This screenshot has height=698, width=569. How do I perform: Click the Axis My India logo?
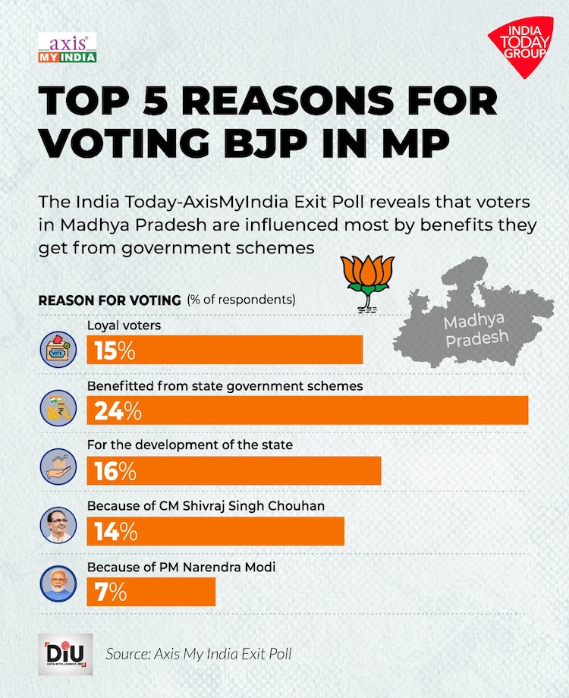click(x=67, y=48)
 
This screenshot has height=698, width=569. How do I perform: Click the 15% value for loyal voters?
click(x=115, y=351)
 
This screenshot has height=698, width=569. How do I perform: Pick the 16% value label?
click(x=115, y=470)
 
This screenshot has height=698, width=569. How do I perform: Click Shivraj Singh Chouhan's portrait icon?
click(x=58, y=527)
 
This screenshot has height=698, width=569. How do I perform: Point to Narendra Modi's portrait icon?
click(x=58, y=585)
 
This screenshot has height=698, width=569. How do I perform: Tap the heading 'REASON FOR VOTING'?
click(x=109, y=300)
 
